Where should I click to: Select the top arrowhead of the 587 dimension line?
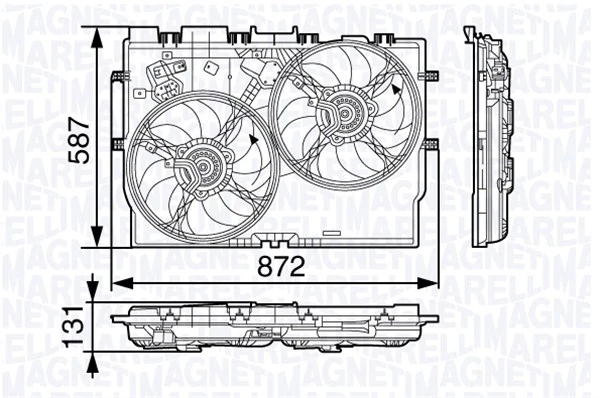tap(97, 33)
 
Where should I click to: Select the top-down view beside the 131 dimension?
tap(275, 325)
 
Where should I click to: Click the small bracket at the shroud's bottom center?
tap(270, 239)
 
